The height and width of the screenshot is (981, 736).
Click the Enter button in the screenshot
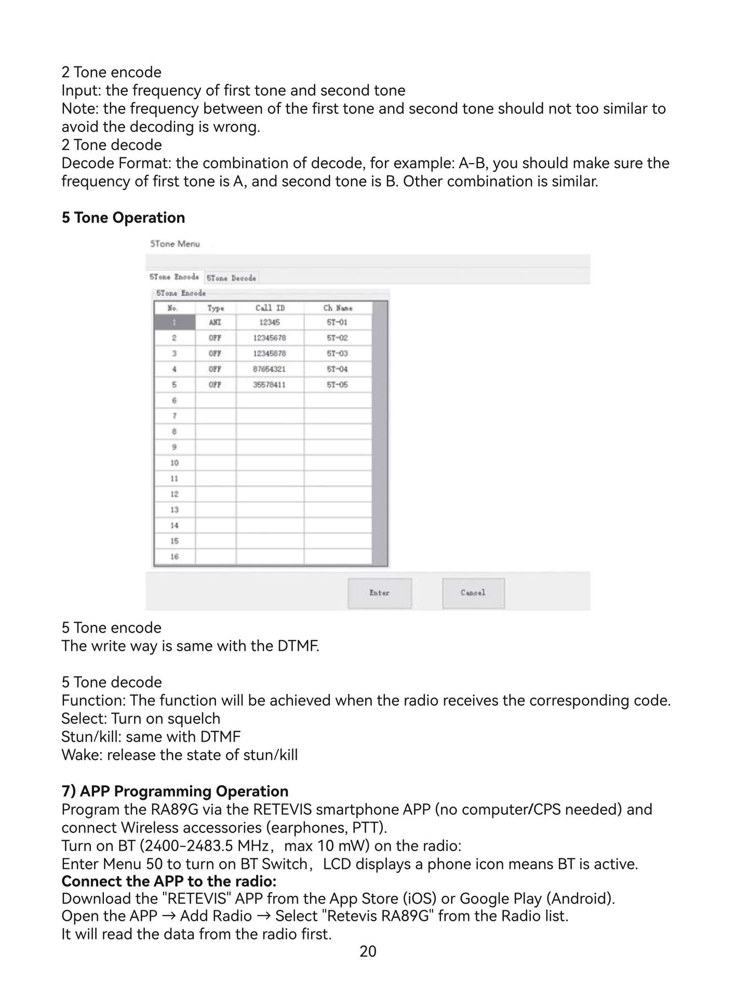(x=379, y=593)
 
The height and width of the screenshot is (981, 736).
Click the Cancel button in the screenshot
(x=473, y=593)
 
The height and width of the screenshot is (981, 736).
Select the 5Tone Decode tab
(x=231, y=278)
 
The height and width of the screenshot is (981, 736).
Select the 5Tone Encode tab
(x=174, y=277)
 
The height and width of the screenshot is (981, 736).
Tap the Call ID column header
(x=270, y=308)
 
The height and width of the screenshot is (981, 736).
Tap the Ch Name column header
(x=338, y=308)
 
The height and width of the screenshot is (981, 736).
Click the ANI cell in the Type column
(x=215, y=322)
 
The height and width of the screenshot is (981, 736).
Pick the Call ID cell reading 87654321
(x=270, y=369)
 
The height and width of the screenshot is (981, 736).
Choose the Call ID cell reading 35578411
(x=270, y=385)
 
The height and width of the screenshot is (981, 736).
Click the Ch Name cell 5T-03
(x=338, y=353)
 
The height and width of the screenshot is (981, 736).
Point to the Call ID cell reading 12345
(x=270, y=322)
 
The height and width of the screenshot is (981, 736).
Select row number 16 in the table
(x=175, y=557)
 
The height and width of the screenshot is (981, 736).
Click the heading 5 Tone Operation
(x=123, y=218)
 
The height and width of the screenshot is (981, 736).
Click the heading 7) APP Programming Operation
(x=175, y=791)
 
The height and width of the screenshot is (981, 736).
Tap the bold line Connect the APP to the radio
(x=169, y=881)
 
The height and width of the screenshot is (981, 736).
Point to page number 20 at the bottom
(x=368, y=951)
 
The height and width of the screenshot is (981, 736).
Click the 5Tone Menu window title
(x=175, y=244)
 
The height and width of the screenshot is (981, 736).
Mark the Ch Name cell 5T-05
(x=338, y=385)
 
